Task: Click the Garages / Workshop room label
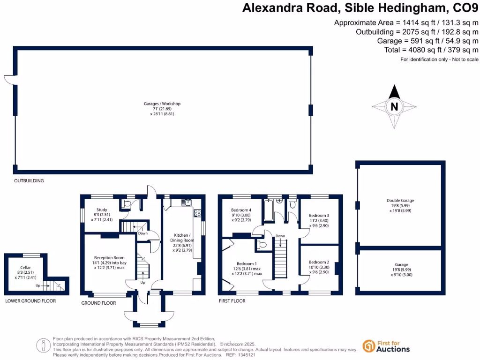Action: click(162, 104)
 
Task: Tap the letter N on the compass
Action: click(394, 106)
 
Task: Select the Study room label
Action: click(102, 210)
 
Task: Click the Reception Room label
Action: click(109, 257)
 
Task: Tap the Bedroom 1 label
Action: click(247, 263)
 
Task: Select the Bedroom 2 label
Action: click(319, 262)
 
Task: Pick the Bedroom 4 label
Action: click(241, 210)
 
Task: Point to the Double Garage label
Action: click(400, 201)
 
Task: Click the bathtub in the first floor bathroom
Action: click(269, 211)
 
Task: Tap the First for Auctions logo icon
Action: click(369, 346)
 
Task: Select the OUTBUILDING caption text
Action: click(29, 180)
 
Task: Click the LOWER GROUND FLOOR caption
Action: click(30, 301)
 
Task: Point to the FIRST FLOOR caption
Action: click(232, 301)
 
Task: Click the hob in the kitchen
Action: click(197, 213)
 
